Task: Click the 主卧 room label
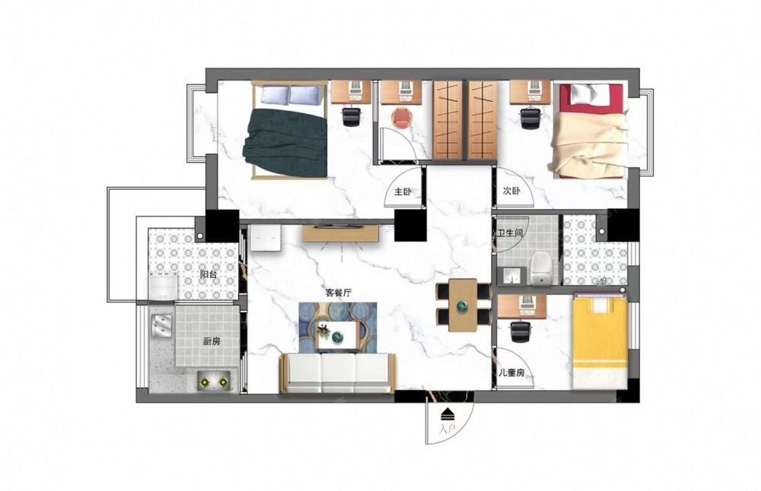[403, 192]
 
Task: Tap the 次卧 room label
[511, 191]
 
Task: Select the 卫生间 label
[510, 233]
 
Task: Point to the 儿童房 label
[511, 373]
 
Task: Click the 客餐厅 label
[339, 293]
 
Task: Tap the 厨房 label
[212, 342]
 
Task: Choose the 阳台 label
[209, 274]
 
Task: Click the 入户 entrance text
[447, 429]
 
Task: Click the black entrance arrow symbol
[447, 414]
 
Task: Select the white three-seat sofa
[338, 373]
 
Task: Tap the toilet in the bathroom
[540, 269]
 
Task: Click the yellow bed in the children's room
[600, 341]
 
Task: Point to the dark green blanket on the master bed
[285, 142]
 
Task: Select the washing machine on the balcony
[163, 286]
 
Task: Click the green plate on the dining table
[462, 305]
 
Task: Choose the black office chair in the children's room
[521, 331]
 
